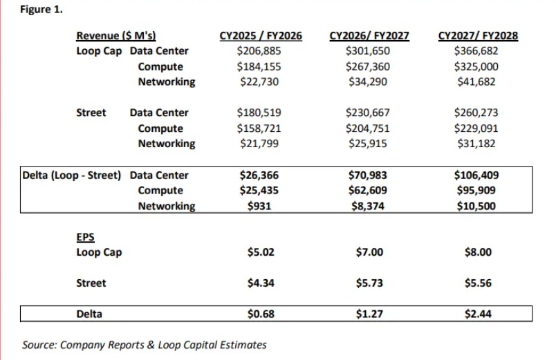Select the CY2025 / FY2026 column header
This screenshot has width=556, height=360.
pos(260,36)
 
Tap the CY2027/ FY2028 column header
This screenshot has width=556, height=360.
pos(479,36)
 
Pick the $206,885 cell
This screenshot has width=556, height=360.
pos(260,51)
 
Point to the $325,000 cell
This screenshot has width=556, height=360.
pos(476,67)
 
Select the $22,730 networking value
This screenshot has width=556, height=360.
pos(260,82)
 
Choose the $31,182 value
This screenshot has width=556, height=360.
pos(476,144)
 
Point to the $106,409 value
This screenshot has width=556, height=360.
pos(476,175)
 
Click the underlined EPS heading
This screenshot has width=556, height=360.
pos(85,237)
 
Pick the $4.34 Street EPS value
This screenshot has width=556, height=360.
pos(261,283)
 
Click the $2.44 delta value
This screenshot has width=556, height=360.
pos(476,314)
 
